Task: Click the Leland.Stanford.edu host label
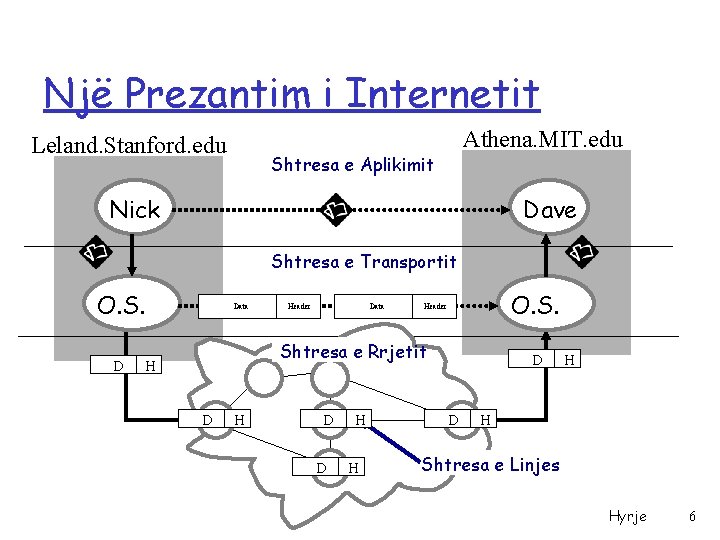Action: pos(129,146)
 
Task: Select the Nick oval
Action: pos(135,210)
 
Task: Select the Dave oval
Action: pos(549,210)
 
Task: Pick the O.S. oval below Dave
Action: pos(536,304)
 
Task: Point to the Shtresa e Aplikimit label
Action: pos(352,164)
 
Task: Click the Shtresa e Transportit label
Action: pos(364,262)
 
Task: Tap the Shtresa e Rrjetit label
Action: pos(353,351)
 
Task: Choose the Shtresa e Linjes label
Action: pos(490,464)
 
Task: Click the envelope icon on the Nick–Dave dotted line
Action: pos(335,211)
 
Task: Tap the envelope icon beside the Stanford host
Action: pos(96,254)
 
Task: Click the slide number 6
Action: pos(692,516)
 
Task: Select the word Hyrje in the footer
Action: pos(627,516)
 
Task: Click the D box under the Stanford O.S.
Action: pos(118,366)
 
